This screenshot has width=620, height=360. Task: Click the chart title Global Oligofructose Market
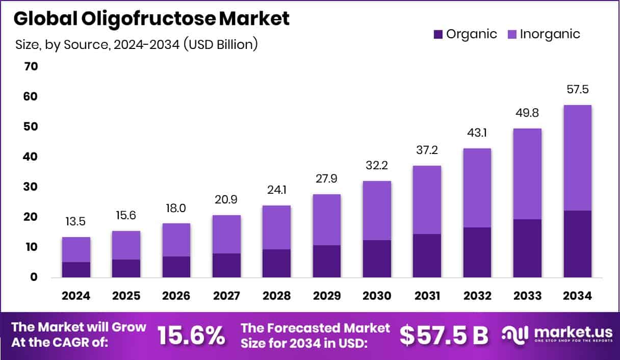(x=151, y=19)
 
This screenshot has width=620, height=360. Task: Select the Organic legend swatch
(x=438, y=35)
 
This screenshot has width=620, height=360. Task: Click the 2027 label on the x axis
(x=226, y=296)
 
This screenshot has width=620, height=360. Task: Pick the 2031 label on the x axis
(x=427, y=296)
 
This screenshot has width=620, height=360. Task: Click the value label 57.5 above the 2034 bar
(x=577, y=90)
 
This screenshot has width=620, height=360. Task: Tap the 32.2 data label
(x=377, y=166)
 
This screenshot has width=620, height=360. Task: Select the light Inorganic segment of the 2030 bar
(x=377, y=210)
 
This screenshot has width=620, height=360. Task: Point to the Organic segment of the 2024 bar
(x=76, y=269)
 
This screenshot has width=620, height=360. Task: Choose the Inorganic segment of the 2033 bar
(x=527, y=174)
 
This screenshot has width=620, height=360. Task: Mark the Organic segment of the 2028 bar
(x=276, y=263)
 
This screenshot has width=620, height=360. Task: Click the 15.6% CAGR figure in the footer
(x=191, y=335)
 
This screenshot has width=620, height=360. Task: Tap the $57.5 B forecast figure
(x=444, y=335)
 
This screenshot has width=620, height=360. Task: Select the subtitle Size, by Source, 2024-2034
(x=137, y=44)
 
